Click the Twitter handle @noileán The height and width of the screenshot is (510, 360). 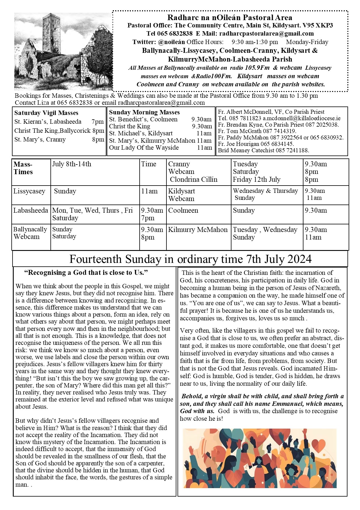point(171,42)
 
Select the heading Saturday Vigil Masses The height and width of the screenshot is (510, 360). point(46,113)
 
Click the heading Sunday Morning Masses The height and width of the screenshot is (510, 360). point(144,112)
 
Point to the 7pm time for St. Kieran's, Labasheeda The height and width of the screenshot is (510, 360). point(97,122)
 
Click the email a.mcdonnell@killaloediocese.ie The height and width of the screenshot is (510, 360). point(301,118)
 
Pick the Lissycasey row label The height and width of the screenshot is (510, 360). point(29,191)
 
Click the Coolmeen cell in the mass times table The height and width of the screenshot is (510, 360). point(183,210)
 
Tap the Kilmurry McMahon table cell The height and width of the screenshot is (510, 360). point(198,230)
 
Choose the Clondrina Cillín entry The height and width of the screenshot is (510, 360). point(194,179)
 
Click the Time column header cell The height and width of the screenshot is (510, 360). point(149,164)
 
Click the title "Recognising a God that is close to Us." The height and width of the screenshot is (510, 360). point(86,273)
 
